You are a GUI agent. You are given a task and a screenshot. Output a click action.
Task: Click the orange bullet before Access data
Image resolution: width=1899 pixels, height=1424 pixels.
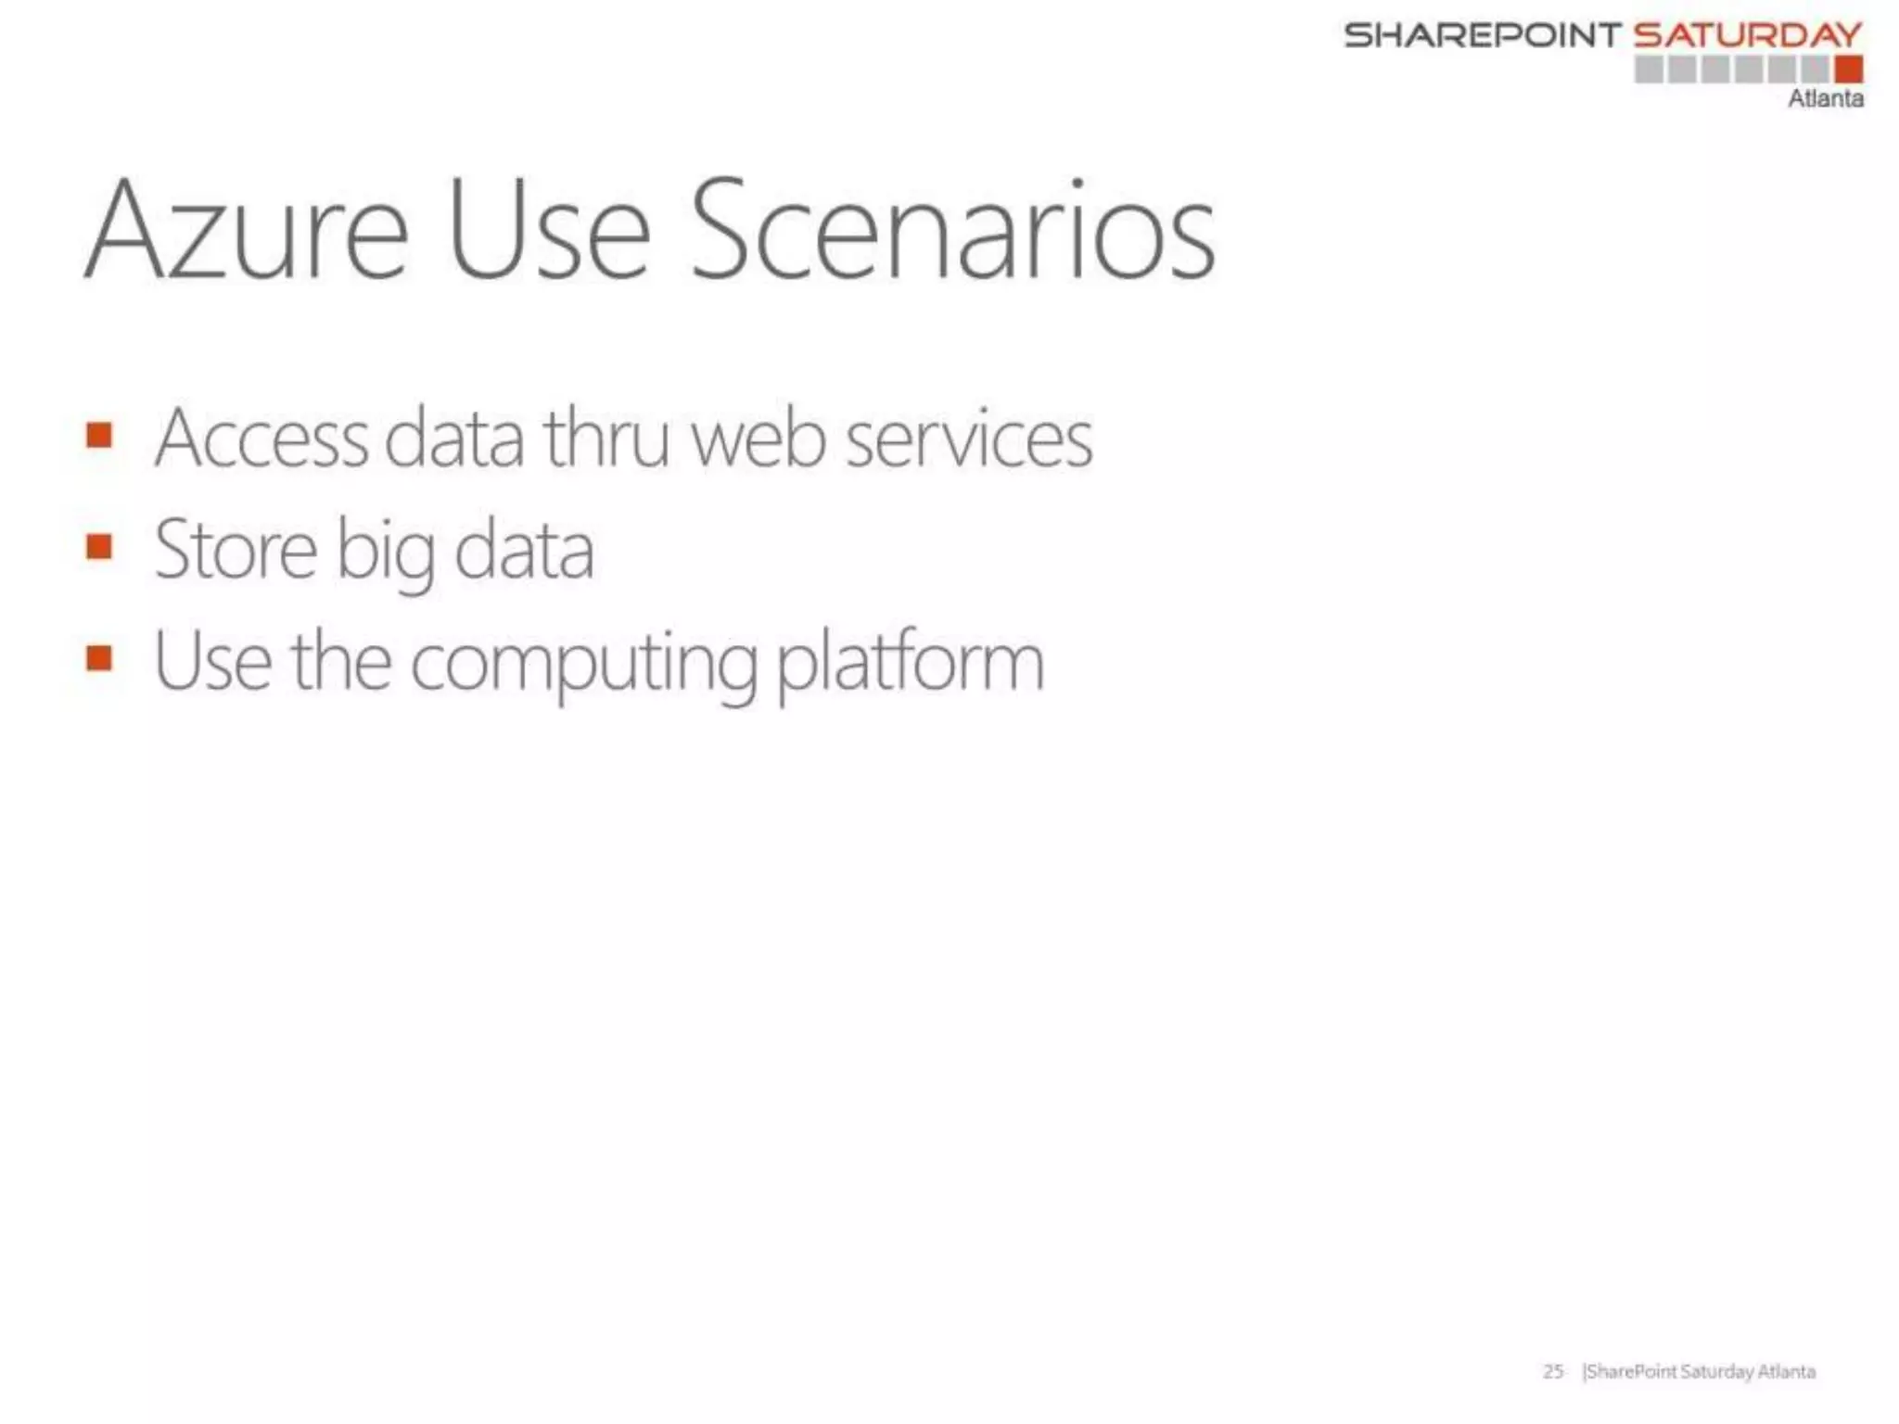[99, 435]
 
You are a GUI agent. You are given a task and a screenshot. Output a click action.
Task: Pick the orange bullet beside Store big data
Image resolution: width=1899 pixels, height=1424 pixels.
[99, 546]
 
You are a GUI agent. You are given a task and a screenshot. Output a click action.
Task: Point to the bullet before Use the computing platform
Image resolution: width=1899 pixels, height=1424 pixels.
[99, 658]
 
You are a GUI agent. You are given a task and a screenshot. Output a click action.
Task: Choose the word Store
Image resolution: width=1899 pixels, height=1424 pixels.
[236, 551]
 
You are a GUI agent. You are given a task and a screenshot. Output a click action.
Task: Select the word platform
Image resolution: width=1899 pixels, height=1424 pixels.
[909, 663]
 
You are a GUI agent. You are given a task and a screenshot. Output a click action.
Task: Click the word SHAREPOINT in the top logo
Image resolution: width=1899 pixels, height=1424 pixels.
[1482, 35]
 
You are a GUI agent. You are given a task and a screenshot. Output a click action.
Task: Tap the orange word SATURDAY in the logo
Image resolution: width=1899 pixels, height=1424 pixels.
[1747, 35]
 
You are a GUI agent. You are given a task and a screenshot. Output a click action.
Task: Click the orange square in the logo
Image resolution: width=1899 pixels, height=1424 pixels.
[1848, 69]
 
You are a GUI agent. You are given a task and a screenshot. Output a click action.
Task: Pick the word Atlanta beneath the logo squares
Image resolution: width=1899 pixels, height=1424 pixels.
[1825, 98]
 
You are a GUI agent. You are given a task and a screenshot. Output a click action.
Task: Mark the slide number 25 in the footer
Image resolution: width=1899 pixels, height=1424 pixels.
[1553, 1371]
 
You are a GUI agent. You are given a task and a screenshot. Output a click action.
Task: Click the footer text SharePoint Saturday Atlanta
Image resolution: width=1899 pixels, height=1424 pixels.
[1699, 1371]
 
